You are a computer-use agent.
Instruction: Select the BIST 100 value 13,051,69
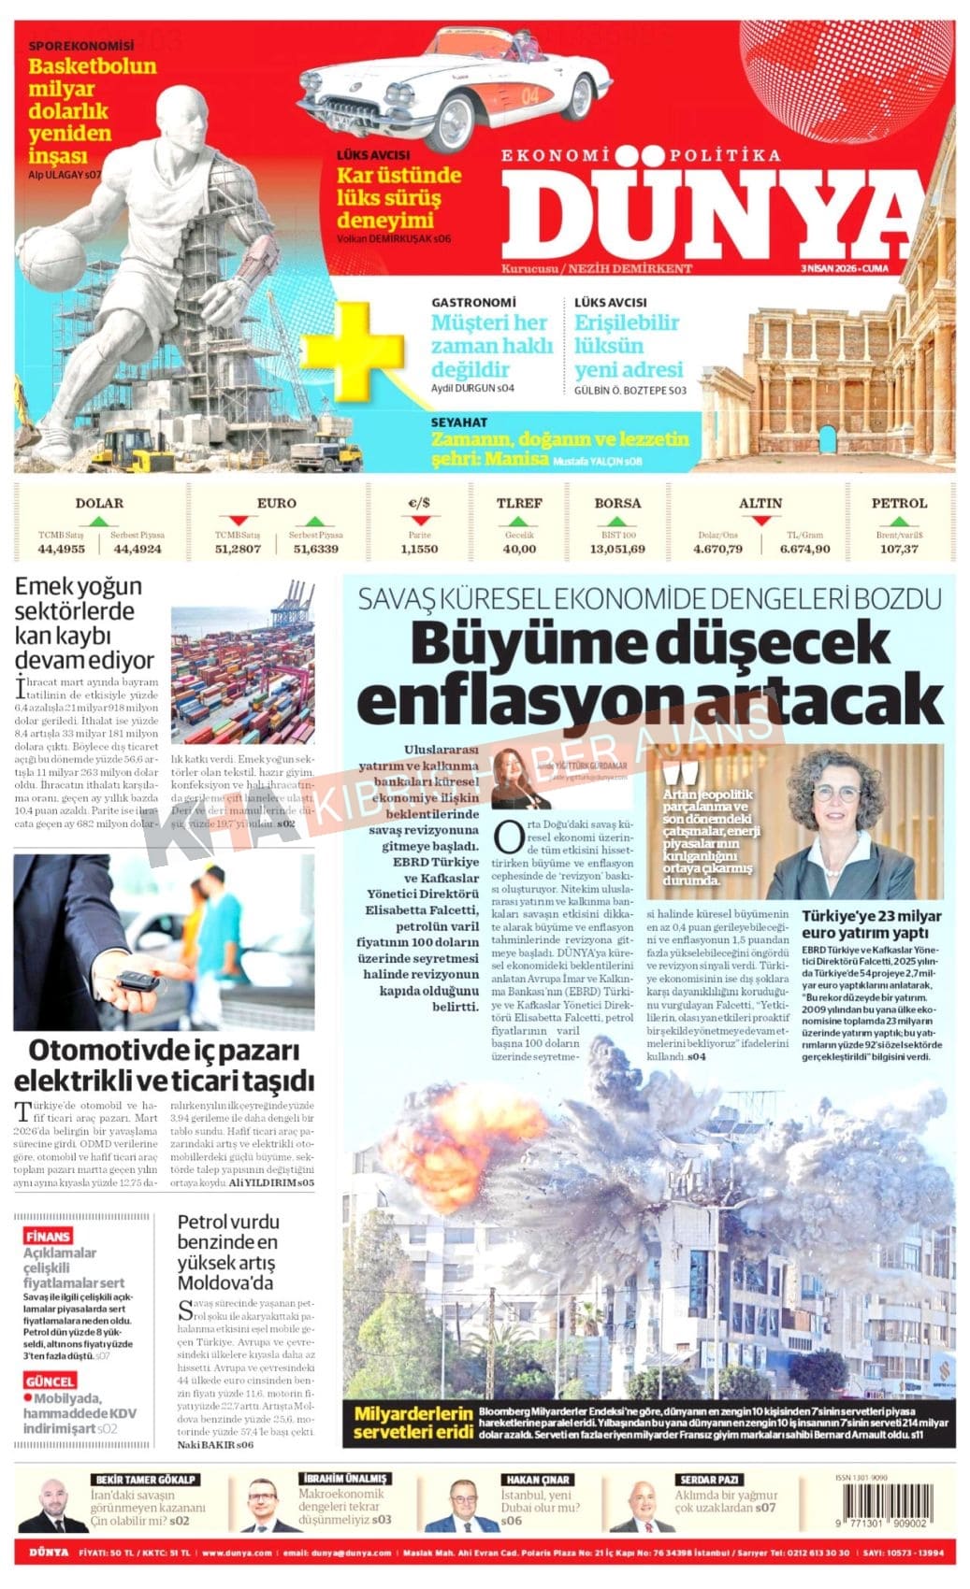617,549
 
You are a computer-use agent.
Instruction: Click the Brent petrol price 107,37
898,549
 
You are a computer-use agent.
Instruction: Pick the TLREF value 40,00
519,549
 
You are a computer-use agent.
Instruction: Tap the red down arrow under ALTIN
760,520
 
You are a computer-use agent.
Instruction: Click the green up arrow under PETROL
898,521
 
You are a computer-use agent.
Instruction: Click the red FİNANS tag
48,1236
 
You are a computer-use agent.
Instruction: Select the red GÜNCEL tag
51,1381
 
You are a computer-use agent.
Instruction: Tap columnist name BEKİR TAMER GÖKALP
145,1479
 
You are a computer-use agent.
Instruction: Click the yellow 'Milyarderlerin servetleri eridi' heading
413,1422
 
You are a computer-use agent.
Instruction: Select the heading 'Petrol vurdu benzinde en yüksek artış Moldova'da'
228,1252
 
